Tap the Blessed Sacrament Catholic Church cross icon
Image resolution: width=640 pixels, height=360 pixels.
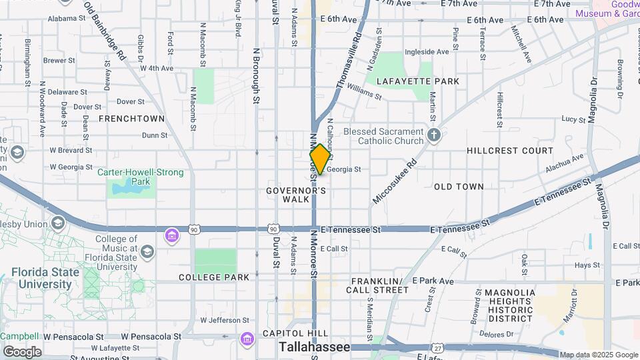click(435, 136)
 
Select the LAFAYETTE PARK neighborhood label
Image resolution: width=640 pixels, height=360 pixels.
click(418, 81)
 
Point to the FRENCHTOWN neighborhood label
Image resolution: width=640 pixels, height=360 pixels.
click(131, 119)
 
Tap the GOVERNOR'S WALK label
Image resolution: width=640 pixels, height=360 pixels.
click(296, 195)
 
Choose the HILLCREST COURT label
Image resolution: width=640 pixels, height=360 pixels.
click(510, 151)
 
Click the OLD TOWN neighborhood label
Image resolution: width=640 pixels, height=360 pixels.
click(459, 187)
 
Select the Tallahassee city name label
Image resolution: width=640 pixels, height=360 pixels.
click(315, 347)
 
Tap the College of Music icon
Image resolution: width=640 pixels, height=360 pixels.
click(147, 251)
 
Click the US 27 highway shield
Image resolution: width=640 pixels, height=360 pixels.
click(437, 347)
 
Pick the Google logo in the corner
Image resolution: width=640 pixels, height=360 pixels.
click(22, 352)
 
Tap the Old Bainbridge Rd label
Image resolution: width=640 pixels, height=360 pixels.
click(105, 31)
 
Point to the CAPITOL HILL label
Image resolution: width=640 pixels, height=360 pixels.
click(295, 333)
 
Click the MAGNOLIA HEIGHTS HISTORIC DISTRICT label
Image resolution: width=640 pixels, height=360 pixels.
click(509, 305)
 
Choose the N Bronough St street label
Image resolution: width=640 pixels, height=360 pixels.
click(256, 75)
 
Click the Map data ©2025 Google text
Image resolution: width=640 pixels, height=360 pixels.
click(599, 355)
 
